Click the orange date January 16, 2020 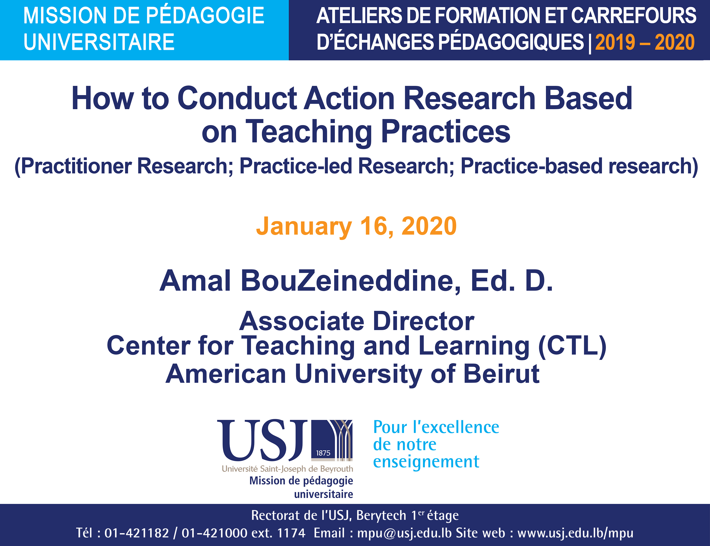click(x=356, y=227)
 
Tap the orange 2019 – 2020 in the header click(x=645, y=42)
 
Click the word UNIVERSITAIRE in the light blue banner click(x=99, y=42)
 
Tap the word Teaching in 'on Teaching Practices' click(x=309, y=132)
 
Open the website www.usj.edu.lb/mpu click(x=575, y=533)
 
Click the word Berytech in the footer click(x=381, y=515)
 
